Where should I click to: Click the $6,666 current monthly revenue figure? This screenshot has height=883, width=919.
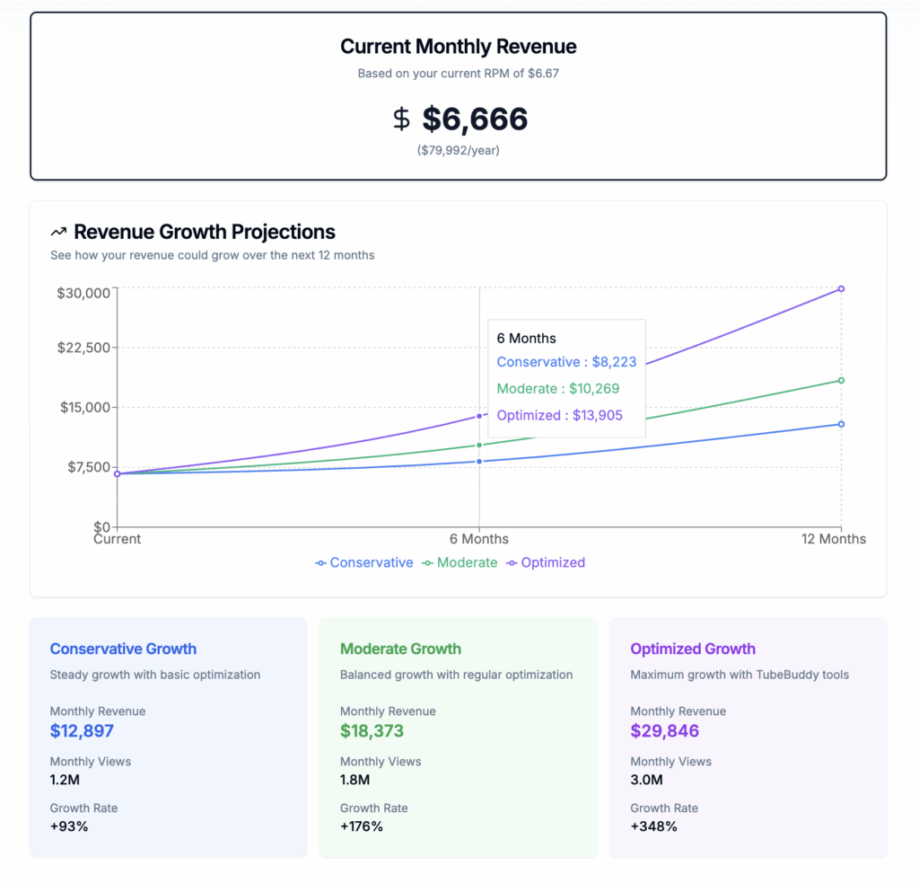click(x=475, y=119)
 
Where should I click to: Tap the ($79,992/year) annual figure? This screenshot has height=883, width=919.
click(x=459, y=150)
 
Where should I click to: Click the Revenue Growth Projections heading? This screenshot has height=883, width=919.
click(x=204, y=232)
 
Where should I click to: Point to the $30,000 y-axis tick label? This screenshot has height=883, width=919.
click(x=83, y=293)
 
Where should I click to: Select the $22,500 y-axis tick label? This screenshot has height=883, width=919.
click(x=83, y=348)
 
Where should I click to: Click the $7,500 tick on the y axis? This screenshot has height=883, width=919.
click(x=87, y=467)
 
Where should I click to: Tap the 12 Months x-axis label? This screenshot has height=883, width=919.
click(x=834, y=539)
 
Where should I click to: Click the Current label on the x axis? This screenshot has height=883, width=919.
click(x=118, y=539)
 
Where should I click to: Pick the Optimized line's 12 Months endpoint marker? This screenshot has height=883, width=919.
click(x=841, y=288)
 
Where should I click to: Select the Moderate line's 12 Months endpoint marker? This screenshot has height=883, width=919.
click(x=841, y=380)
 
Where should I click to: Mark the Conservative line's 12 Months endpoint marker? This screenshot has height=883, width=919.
click(x=841, y=424)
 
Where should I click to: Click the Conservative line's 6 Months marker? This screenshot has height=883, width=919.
click(x=479, y=462)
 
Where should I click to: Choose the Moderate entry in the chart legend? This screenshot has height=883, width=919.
click(x=459, y=562)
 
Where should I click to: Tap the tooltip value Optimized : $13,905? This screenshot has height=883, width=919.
click(x=559, y=415)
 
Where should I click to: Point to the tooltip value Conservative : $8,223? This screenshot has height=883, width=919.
click(x=566, y=362)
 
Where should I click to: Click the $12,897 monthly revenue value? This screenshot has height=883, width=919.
click(x=82, y=731)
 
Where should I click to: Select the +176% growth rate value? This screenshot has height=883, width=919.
click(x=362, y=826)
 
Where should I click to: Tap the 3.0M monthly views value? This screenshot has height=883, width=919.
click(x=648, y=780)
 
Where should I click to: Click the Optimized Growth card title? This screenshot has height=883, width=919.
click(x=693, y=649)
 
